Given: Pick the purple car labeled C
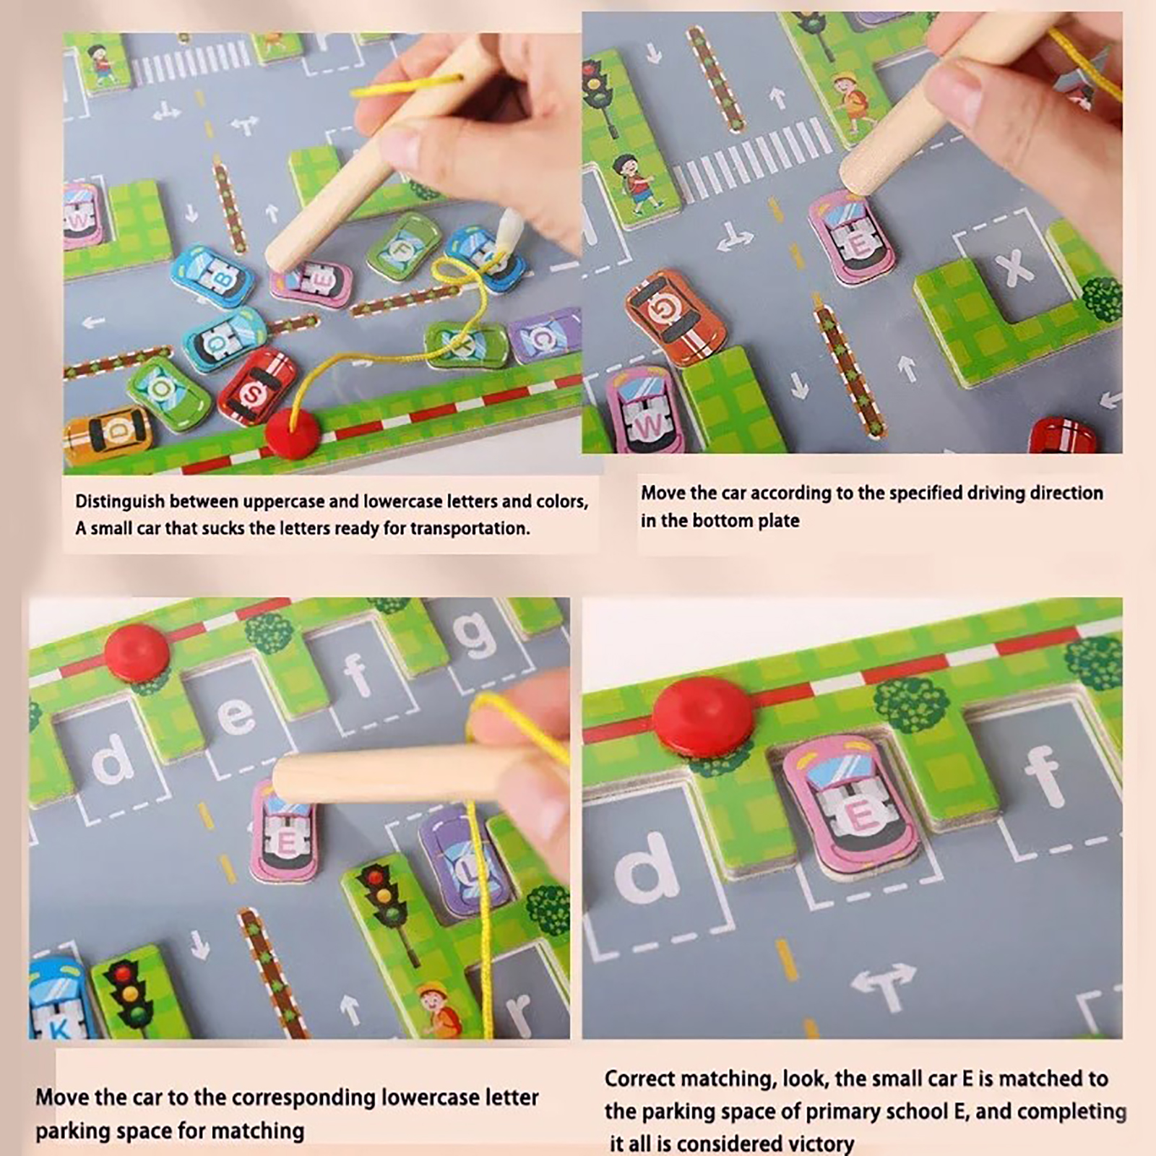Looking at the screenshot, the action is (x=545, y=336).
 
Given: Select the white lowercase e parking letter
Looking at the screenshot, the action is (x=236, y=716).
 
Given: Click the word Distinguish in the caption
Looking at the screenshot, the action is (x=120, y=502).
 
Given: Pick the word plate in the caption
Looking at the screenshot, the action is (x=779, y=520).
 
